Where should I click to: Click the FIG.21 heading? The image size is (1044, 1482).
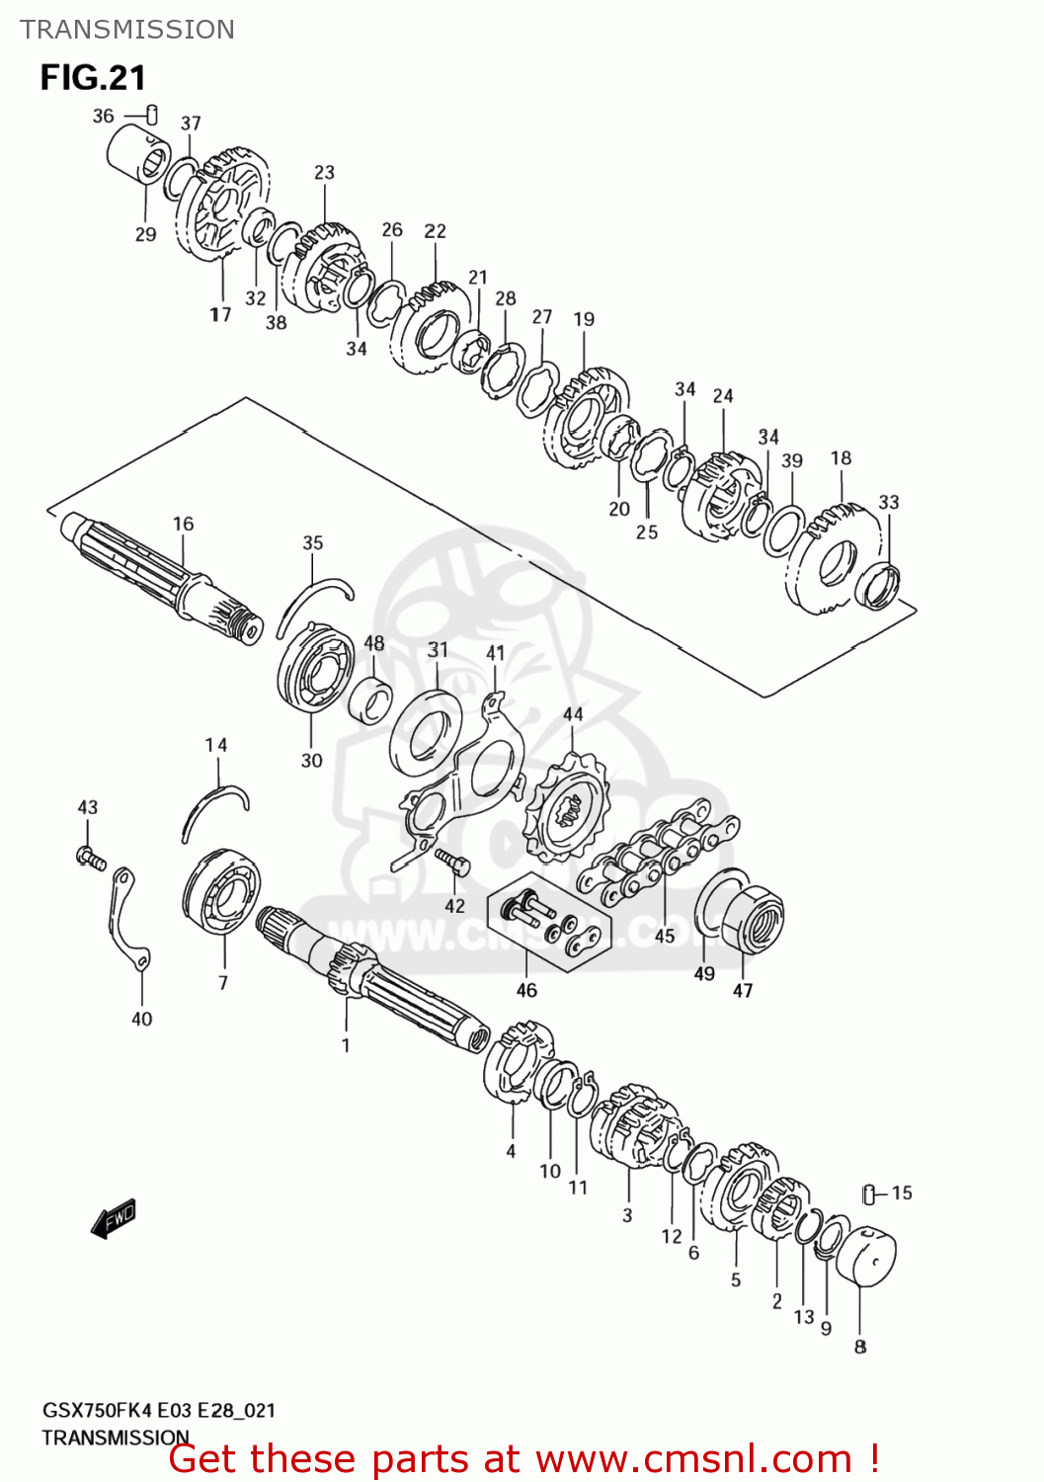(x=93, y=77)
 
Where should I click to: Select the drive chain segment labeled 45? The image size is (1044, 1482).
(x=657, y=854)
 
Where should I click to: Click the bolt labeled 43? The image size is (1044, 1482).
(x=90, y=857)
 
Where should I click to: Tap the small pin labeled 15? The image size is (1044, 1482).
(x=869, y=1194)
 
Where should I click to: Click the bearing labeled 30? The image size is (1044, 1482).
(x=315, y=671)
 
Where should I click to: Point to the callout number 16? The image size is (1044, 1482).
(x=184, y=524)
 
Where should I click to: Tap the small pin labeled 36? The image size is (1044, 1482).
(x=152, y=115)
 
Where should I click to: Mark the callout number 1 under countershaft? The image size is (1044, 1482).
(x=346, y=1045)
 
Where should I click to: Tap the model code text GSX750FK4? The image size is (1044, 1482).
(x=98, y=1410)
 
